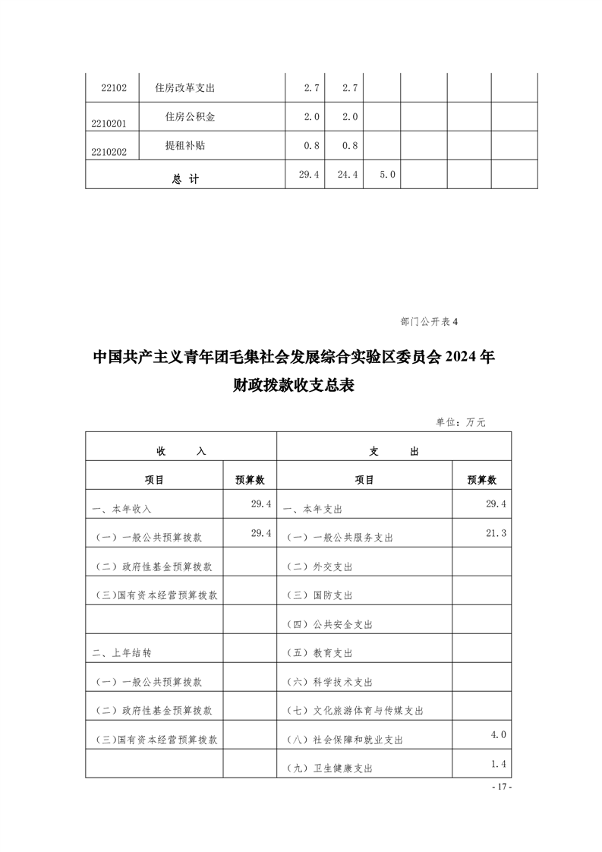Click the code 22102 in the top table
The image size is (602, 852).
(113, 89)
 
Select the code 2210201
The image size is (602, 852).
(109, 123)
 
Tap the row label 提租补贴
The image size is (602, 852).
(185, 146)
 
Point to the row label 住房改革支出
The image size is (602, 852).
(185, 88)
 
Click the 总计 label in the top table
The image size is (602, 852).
(185, 179)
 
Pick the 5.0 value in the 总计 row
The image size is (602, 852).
(387, 175)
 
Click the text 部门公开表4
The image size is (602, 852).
(429, 321)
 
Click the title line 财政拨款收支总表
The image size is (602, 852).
(295, 386)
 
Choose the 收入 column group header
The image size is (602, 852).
(181, 451)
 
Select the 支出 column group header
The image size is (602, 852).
(394, 451)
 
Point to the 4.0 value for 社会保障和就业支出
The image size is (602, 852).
(498, 734)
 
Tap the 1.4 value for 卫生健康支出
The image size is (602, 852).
(498, 764)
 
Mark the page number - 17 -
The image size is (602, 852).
(502, 787)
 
